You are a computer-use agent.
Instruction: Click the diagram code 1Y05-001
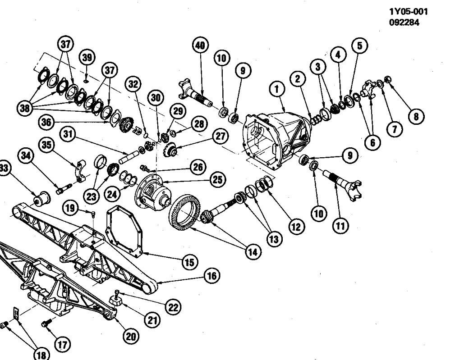[408, 12]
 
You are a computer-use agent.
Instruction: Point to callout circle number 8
[415, 116]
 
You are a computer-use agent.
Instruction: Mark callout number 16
[210, 276]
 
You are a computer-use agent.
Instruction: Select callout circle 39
[87, 57]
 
